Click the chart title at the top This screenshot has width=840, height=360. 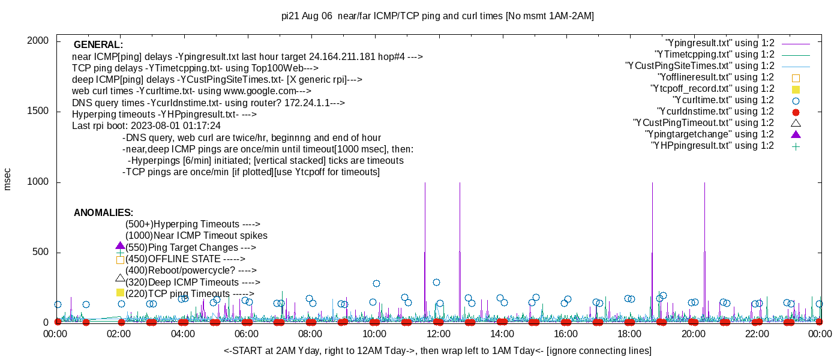437,16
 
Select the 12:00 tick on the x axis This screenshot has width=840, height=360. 438,334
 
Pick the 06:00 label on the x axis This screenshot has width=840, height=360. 247,334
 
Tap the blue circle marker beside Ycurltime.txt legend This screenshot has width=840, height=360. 796,100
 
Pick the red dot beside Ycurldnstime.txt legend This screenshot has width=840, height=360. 796,112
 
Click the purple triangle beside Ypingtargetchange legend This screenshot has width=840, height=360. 796,134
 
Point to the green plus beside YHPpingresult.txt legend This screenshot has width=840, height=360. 796,146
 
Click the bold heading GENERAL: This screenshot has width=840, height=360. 98,45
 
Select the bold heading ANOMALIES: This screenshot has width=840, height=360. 103,213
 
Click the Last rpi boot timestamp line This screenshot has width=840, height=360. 146,126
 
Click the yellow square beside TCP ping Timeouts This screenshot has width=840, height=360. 120,293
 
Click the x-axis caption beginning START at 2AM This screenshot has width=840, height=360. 437,350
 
